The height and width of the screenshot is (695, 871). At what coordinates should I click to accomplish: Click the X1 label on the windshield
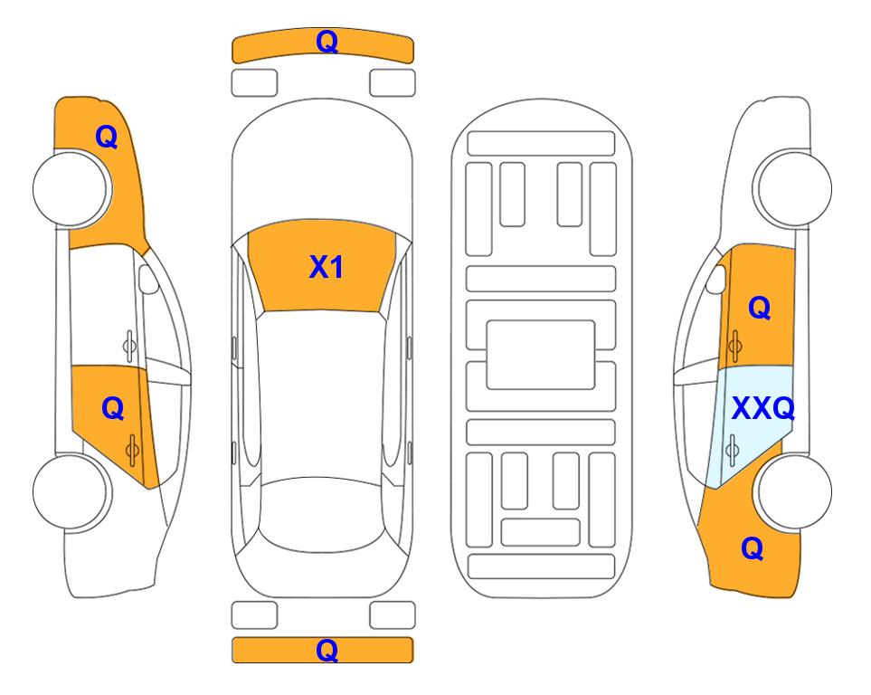327,267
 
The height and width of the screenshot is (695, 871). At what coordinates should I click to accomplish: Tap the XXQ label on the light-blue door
763,409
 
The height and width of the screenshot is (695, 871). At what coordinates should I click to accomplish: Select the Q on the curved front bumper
327,42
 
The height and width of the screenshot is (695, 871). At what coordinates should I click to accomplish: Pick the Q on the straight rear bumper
327,650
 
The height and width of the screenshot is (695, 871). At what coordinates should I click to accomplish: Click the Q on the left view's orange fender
107,137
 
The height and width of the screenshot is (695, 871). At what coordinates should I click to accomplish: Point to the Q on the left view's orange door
113,409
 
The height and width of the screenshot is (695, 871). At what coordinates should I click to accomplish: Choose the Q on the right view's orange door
760,308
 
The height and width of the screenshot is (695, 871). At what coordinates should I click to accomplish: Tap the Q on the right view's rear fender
753,548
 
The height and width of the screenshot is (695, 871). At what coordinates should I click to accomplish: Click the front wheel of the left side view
70,189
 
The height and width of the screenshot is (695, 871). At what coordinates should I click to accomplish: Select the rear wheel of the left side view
70,491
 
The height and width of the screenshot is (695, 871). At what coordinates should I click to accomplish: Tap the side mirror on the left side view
147,279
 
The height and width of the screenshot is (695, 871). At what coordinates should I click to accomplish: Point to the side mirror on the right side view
715,279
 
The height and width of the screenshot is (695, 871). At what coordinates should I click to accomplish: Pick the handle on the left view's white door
129,347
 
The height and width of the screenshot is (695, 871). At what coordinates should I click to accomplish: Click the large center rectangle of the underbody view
541,355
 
